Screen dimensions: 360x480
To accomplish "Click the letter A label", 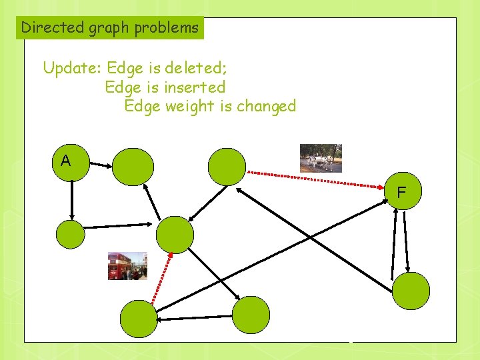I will pyautogui.click(x=65, y=161).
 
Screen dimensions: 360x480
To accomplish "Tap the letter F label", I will pyautogui.click(x=401, y=193).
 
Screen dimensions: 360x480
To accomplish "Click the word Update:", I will pyautogui.click(x=72, y=68).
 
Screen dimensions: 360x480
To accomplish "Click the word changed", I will pyautogui.click(x=266, y=106).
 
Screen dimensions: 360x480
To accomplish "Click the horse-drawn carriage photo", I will pyautogui.click(x=321, y=158).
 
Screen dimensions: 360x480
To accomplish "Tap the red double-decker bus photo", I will pyautogui.click(x=127, y=266).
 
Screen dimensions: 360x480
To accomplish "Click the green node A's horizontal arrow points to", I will pyautogui.click(x=133, y=166).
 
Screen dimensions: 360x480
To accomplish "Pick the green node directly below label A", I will pyautogui.click(x=71, y=234).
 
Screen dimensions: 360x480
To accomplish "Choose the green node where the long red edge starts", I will pyautogui.click(x=227, y=166).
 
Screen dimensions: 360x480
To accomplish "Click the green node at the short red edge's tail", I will pyautogui.click(x=139, y=318).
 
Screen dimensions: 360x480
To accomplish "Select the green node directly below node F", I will pyautogui.click(x=411, y=291).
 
